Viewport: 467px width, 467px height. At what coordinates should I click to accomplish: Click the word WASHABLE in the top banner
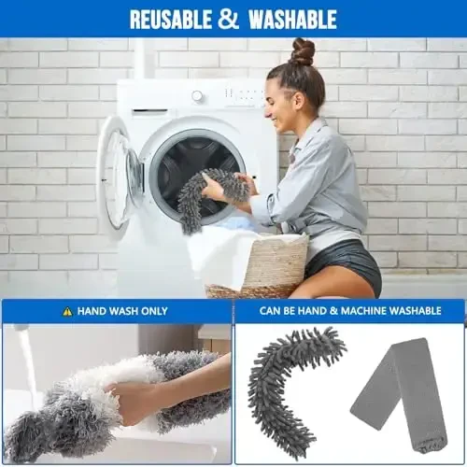290,19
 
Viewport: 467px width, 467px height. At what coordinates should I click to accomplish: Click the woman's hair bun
302,51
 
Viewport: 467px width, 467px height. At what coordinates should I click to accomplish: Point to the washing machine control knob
197,96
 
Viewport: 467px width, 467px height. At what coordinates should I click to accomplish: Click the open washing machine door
117,173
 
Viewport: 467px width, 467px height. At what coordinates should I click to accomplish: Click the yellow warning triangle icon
67,311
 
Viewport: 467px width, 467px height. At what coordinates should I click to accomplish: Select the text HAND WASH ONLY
121,311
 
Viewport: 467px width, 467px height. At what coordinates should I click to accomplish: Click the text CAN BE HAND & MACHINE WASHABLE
348,311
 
